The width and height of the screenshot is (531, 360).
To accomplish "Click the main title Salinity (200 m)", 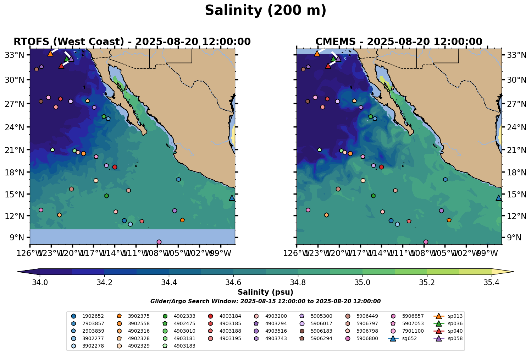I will coord(265,11).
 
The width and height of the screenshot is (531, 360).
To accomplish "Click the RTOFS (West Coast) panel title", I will coord(132,42).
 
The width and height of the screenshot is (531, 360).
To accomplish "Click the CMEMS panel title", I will coord(399,42).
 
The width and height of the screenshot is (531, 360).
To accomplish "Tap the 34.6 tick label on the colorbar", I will coord(233,282).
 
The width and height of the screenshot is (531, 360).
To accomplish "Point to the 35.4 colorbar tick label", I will coord(492,282).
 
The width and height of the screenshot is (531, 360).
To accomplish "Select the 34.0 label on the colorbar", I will coord(40,282).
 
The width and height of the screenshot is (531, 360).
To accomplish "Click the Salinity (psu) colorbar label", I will coord(265,292).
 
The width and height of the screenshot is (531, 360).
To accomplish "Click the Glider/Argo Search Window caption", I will coord(265,301).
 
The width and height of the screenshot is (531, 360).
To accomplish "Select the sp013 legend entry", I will coord(455,316).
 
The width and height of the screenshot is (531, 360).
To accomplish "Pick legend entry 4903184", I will coord(230,316).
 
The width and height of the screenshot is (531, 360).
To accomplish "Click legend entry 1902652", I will coord(93,316).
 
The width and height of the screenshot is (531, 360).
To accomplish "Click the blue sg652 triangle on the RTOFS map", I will coord(232,198).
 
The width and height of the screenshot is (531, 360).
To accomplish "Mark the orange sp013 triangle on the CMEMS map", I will coord(317,53).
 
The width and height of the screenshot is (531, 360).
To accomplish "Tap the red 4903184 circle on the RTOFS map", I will coord(115,167).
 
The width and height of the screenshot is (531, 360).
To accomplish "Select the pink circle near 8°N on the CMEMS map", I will coord(426,242).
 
